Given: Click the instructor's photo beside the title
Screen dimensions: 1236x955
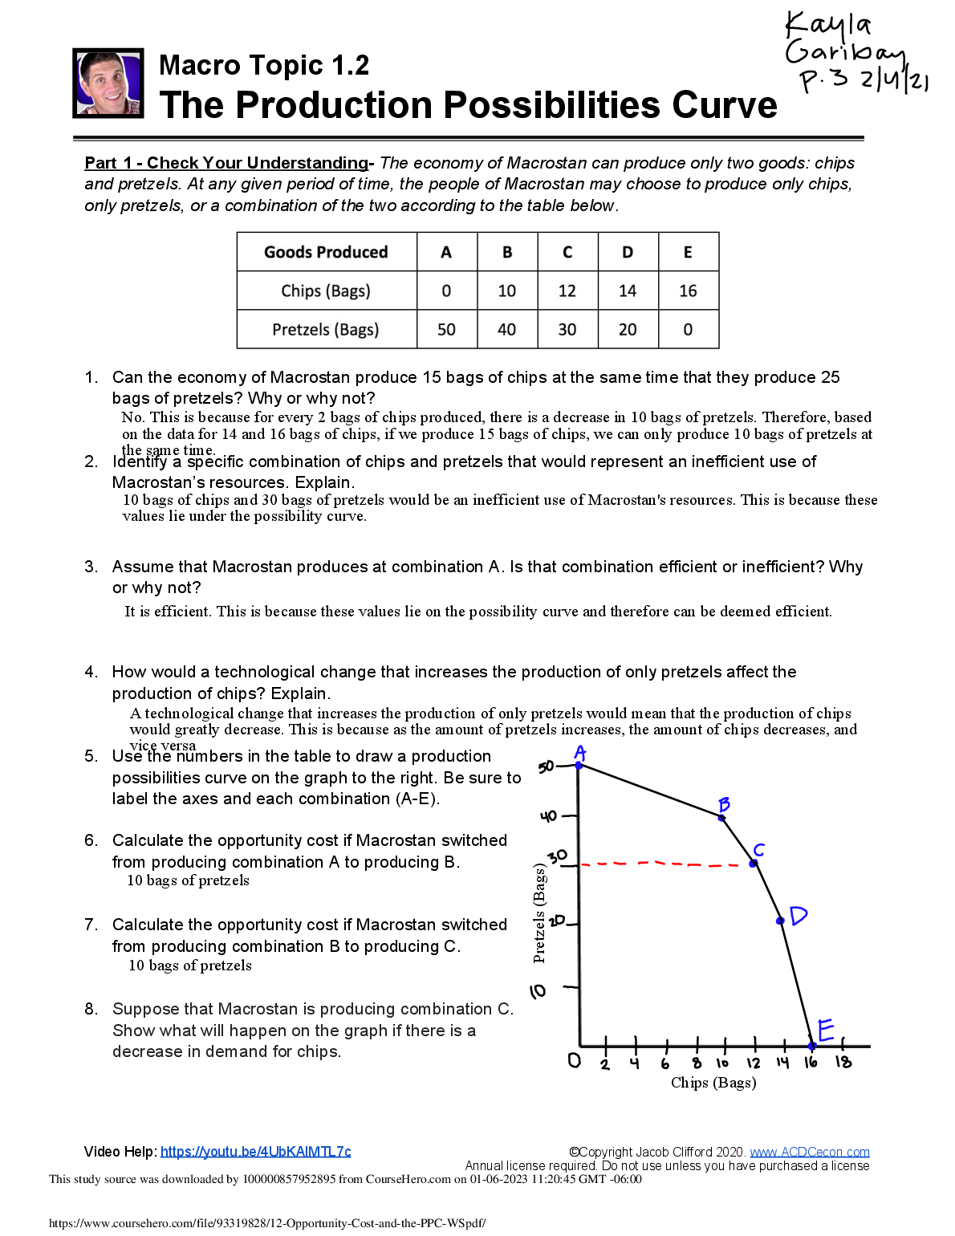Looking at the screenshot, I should point(108,83).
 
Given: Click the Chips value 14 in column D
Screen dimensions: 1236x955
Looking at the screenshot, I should point(628,291).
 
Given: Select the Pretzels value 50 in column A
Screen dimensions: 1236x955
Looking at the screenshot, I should point(446,329).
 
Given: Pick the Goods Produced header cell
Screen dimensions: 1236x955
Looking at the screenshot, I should point(326,252).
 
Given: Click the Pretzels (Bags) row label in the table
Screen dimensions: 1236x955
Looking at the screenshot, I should point(325,329).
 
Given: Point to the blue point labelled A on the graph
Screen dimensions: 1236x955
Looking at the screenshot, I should point(579,766).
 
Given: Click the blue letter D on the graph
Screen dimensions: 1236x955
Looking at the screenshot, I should point(798,915).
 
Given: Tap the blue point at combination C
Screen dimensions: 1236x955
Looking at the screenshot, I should point(754,864).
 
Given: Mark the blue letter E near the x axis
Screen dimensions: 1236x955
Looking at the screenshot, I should point(826,1029).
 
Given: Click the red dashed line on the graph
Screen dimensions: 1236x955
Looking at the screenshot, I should point(666,864).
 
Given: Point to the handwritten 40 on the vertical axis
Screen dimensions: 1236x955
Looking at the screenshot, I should point(548,816).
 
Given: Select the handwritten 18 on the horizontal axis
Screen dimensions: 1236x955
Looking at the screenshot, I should point(843,1062).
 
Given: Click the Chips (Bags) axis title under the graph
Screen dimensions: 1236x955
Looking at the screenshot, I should point(713,1083).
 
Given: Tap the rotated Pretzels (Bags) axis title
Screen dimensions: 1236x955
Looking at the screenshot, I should point(539,913).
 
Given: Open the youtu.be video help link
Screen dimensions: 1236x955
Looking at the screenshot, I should point(255,1152).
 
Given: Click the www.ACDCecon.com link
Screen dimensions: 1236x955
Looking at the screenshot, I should point(809,1153).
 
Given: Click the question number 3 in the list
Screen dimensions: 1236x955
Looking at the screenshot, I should point(91,567).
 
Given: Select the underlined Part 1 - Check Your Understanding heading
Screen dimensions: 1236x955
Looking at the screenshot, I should point(226,163).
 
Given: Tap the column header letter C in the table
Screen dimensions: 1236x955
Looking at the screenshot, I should point(567,252).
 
